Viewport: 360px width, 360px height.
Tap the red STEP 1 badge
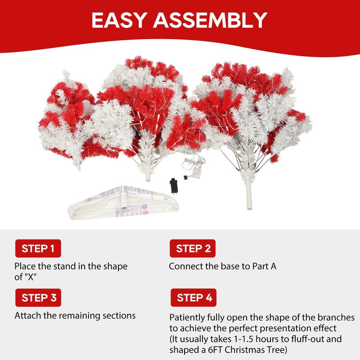[38, 248]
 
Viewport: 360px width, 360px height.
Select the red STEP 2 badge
[193, 248]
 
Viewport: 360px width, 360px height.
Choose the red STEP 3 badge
[38, 297]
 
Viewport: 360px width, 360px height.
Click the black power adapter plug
[173, 185]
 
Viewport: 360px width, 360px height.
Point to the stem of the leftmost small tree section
[79, 166]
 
